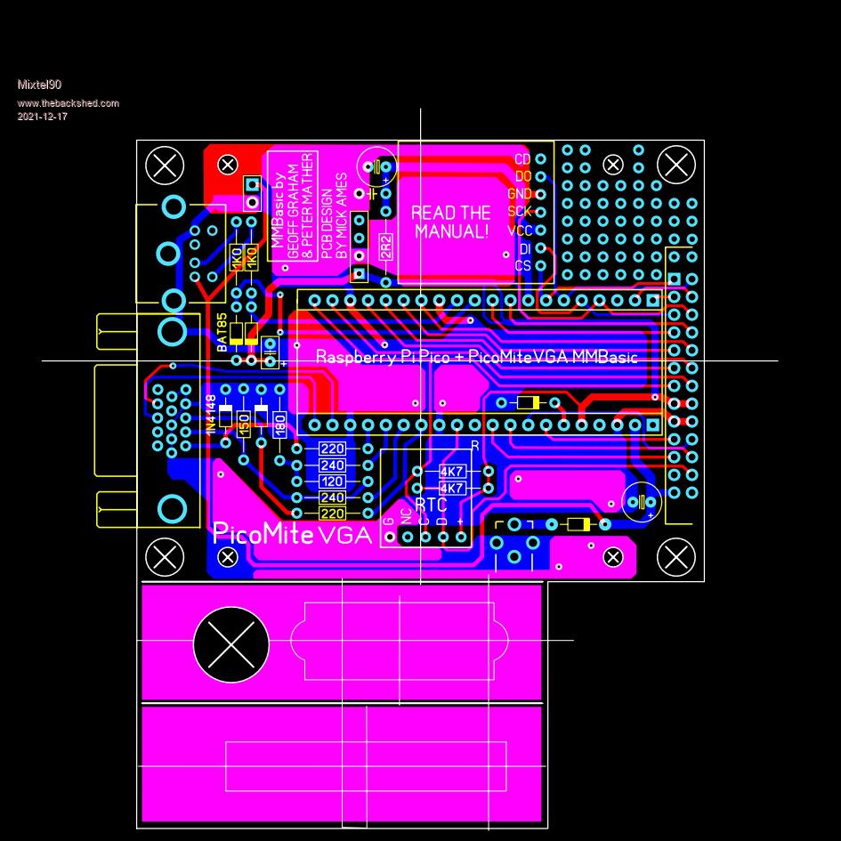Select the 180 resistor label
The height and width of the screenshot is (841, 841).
tap(279, 425)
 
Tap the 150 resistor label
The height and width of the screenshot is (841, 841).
tap(244, 425)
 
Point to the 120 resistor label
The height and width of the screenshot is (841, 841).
tap(332, 481)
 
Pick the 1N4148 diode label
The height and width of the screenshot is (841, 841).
tap(211, 414)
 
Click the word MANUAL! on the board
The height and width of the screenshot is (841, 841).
tap(451, 232)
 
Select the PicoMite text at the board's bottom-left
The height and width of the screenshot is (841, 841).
tap(263, 533)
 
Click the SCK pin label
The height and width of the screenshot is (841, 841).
tap(520, 212)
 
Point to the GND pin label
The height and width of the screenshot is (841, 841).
tap(520, 194)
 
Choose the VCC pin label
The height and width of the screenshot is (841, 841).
tap(520, 230)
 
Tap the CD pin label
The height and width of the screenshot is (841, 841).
tap(522, 159)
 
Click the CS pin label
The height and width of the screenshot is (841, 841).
tap(522, 266)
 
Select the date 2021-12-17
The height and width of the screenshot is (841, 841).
tap(42, 117)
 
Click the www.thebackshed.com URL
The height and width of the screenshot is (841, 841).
tap(68, 103)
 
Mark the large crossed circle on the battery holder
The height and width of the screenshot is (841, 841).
tap(230, 643)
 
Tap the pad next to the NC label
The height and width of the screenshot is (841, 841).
tap(407, 537)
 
